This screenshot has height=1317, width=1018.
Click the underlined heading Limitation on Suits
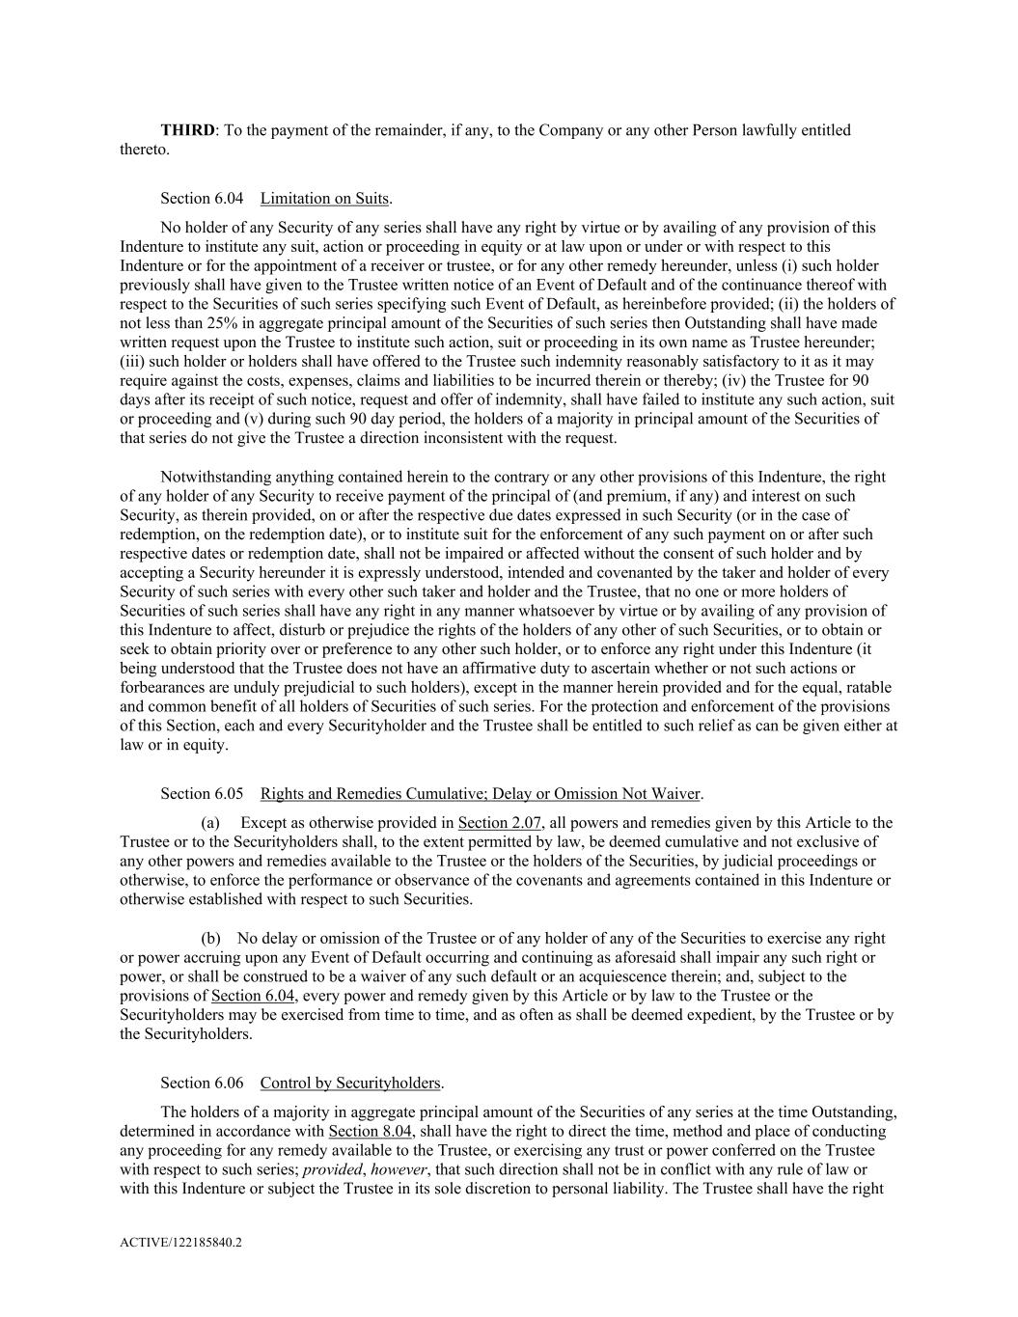(x=324, y=199)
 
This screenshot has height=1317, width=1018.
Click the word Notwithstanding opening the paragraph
(x=210, y=477)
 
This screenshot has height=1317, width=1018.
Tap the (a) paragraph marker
(x=210, y=823)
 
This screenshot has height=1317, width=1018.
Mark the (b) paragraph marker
(x=210, y=939)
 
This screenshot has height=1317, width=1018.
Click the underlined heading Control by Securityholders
(x=350, y=1084)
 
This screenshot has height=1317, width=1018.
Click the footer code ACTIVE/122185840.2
(x=180, y=1244)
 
